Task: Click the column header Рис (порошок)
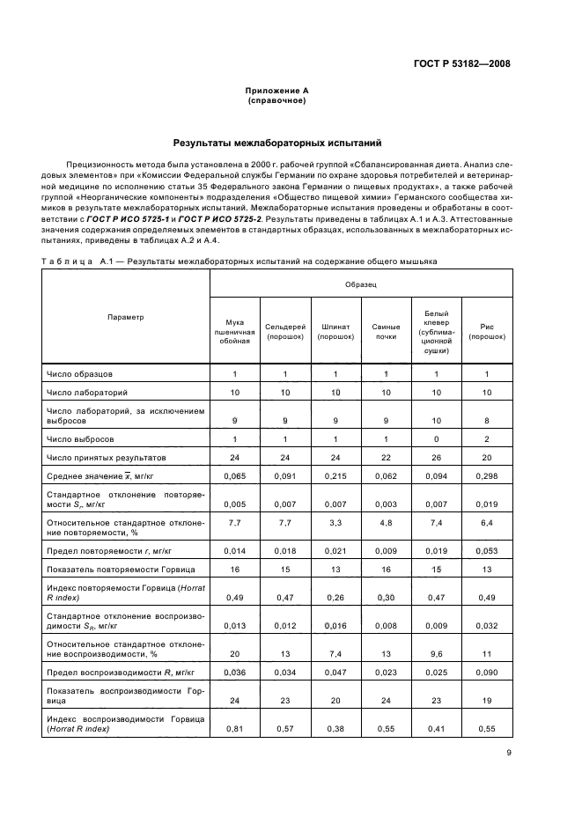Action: [x=487, y=331]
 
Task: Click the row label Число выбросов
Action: [x=80, y=438]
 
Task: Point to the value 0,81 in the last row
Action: [x=234, y=730]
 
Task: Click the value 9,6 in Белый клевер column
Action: [x=437, y=654]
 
